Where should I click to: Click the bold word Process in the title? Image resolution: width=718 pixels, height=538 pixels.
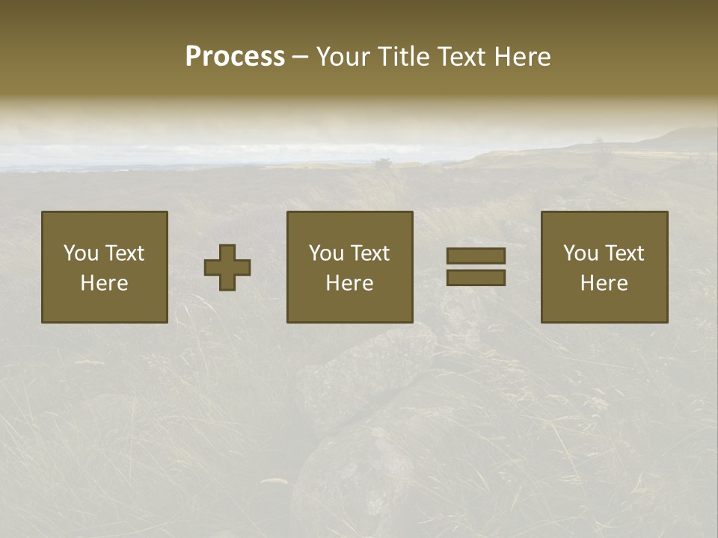point(235,57)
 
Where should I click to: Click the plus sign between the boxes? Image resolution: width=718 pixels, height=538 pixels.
point(227,268)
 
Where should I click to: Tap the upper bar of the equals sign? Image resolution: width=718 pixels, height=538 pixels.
point(476,256)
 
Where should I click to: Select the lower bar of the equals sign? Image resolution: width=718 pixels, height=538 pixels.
point(476,277)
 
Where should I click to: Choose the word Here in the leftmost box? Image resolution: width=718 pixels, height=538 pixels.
point(104,283)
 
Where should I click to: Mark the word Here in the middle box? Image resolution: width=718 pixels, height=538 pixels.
point(349,283)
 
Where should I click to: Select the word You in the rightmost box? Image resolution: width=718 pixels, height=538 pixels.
point(580,253)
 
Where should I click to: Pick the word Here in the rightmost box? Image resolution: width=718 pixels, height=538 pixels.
point(604,283)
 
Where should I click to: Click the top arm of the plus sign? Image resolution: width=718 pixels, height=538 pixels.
point(227,253)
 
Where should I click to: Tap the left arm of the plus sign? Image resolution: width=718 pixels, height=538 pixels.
point(212,268)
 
